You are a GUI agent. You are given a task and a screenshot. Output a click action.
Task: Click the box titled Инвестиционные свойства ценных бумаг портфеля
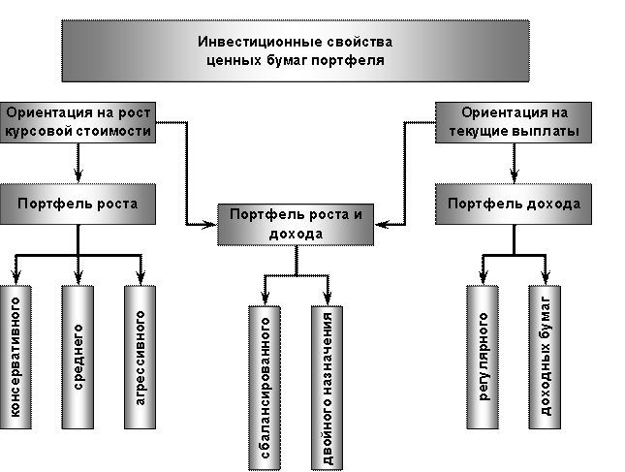(297, 51)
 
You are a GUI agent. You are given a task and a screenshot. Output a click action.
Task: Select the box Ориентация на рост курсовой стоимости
(78, 122)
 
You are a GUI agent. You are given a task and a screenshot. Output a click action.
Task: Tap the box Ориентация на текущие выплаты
(514, 122)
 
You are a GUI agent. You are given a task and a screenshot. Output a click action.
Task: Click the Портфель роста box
(78, 204)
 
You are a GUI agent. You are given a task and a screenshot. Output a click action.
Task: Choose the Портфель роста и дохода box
(295, 224)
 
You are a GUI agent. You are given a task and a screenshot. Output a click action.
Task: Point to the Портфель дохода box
(514, 204)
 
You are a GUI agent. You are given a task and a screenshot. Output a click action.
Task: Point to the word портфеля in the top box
(354, 60)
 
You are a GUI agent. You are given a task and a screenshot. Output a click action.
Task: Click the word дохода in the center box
(295, 234)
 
